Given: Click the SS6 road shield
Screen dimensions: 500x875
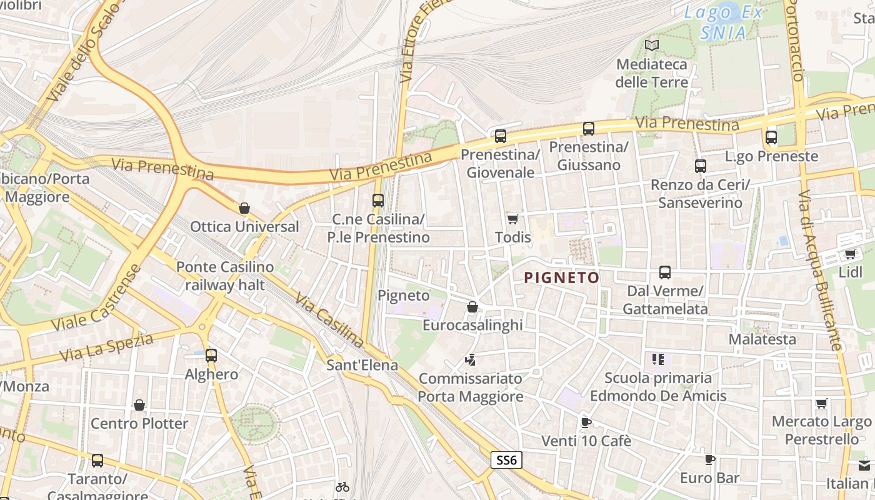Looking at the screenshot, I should pyautogui.click(x=506, y=461).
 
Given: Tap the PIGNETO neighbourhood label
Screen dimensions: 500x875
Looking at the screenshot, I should pyautogui.click(x=561, y=277).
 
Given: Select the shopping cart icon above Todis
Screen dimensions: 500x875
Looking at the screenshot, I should pyautogui.click(x=513, y=219).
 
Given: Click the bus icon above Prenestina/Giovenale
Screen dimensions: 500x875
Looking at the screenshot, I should pyautogui.click(x=500, y=136).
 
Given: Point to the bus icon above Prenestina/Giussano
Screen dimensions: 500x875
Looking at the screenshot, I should pyautogui.click(x=588, y=129).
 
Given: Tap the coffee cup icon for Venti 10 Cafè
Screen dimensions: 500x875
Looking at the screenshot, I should pyautogui.click(x=586, y=422).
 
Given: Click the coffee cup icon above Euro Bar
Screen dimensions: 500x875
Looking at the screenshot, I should pyautogui.click(x=709, y=460).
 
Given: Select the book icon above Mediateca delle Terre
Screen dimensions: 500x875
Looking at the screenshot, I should pyautogui.click(x=652, y=45).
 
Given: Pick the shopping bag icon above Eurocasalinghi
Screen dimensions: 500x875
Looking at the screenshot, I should pyautogui.click(x=472, y=307).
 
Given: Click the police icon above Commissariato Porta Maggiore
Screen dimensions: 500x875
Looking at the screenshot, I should pyautogui.click(x=470, y=359).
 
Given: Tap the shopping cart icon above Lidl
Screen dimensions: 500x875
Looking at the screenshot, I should pyautogui.click(x=850, y=254).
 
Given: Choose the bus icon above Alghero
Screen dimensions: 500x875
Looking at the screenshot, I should pyautogui.click(x=211, y=356).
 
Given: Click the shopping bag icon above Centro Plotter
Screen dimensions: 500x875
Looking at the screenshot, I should pyautogui.click(x=139, y=405).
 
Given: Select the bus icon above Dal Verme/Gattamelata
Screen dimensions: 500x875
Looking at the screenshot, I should pyautogui.click(x=664, y=272).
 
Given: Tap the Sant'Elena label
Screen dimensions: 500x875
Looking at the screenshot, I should pyautogui.click(x=362, y=364).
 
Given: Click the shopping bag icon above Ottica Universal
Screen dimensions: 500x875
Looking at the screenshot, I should pyautogui.click(x=244, y=208).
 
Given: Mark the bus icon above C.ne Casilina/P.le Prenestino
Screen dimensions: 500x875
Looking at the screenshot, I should pyautogui.click(x=377, y=201).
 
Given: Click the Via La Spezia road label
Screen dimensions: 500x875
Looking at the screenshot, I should pyautogui.click(x=106, y=347).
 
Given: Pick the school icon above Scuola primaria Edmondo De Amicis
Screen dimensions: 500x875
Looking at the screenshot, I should pyautogui.click(x=657, y=359).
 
